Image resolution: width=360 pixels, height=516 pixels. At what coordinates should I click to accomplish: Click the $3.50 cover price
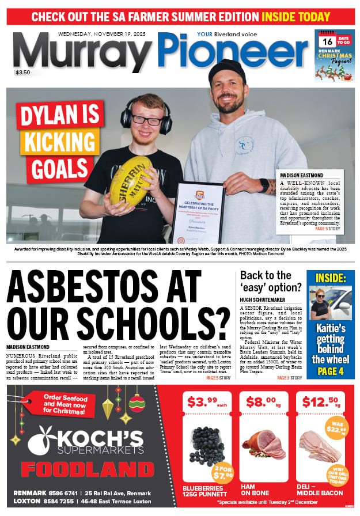pyautogui.click(x=24, y=73)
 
